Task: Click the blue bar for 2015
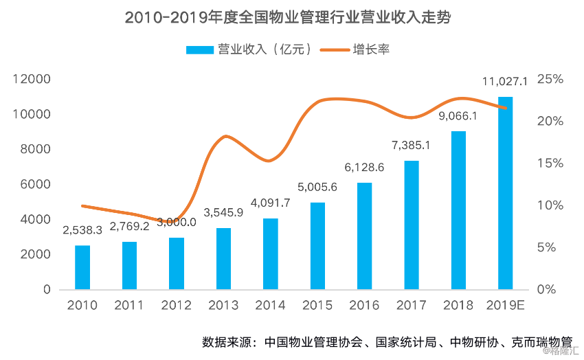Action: click(x=317, y=246)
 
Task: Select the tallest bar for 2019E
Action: click(x=505, y=193)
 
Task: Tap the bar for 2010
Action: click(x=82, y=267)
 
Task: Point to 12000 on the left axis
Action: click(x=33, y=80)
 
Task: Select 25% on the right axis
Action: click(x=550, y=80)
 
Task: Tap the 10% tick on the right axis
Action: click(x=550, y=205)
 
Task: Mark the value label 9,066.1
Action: click(x=458, y=116)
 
